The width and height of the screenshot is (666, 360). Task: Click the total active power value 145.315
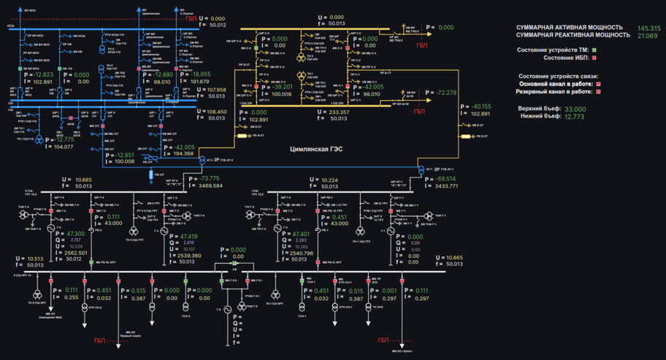pos(649,28)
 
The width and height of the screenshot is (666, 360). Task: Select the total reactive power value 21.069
pos(647,35)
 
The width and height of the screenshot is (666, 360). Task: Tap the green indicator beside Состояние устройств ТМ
pos(594,50)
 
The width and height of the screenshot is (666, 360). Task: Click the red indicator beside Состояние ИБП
pos(594,58)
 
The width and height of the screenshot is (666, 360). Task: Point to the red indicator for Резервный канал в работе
pos(599,92)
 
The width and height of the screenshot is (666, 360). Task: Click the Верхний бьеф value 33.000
pos(575,109)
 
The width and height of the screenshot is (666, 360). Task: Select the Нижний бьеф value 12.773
pos(574,117)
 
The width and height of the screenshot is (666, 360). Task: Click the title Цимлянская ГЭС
pos(316,149)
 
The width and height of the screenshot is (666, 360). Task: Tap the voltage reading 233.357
pos(339,112)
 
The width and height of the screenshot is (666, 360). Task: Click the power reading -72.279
pos(445,93)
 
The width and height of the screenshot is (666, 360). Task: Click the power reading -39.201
pos(281,86)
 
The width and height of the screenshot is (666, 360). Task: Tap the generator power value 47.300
pos(75,234)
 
